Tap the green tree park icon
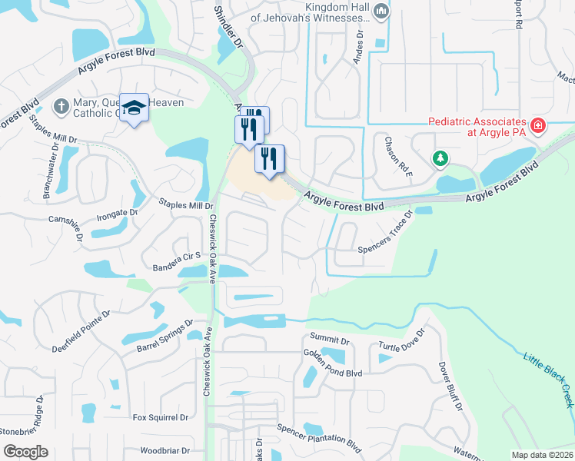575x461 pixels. tap(440, 159)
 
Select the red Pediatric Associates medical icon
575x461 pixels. tap(537, 124)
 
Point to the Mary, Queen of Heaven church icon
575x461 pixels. tap(61, 105)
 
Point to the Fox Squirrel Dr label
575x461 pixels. tap(161, 417)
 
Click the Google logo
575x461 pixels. tap(25, 452)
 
